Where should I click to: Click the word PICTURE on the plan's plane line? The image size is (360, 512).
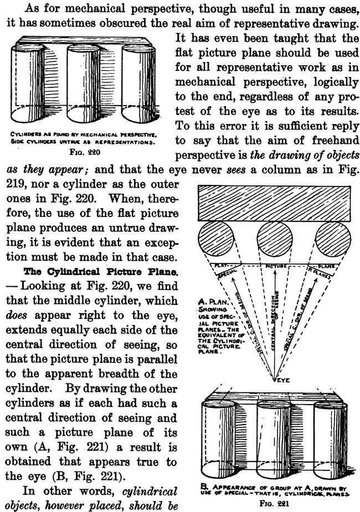[x=275, y=267]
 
